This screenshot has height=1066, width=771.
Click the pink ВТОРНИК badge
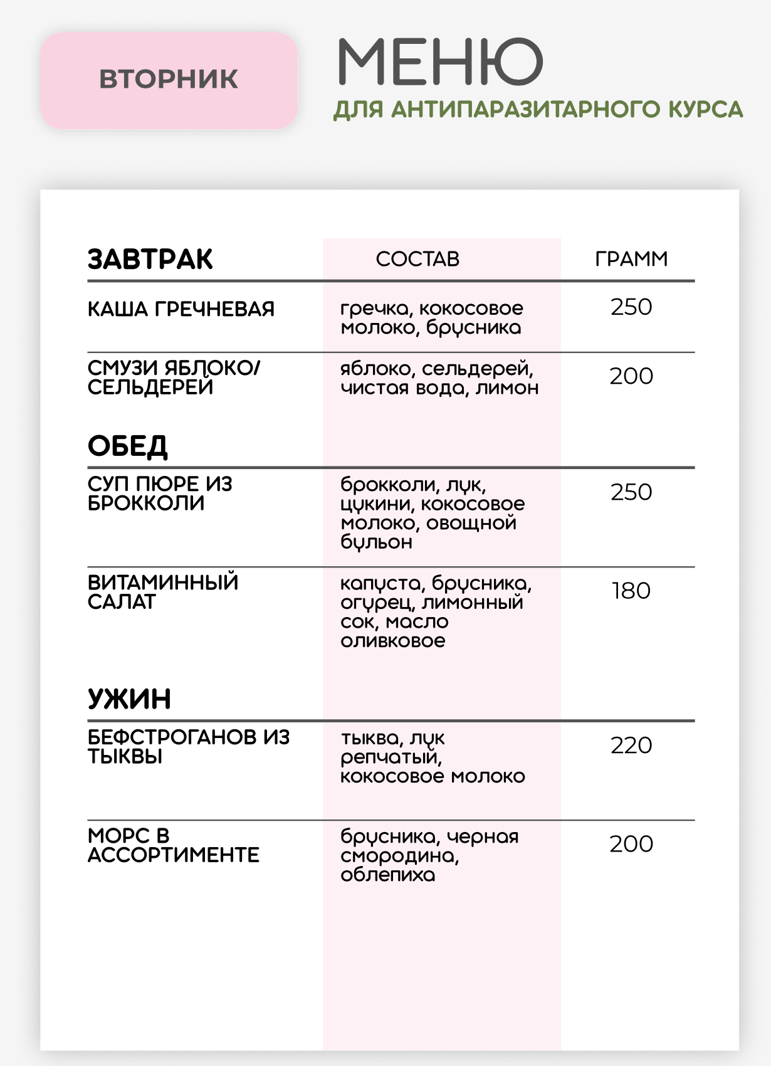[x=169, y=80]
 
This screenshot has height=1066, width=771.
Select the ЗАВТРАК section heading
[x=150, y=259]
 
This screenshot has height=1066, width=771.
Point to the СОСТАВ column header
[x=417, y=259]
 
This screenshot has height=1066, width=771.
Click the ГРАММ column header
[x=631, y=259]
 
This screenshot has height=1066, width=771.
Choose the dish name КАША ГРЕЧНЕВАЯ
[x=181, y=309]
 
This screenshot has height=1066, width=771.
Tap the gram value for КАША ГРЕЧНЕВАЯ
[x=631, y=307]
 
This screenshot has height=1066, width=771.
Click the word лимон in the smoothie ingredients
[x=507, y=388]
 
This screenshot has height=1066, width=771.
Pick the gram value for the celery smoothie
[x=631, y=376]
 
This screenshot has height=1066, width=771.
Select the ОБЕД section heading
[x=128, y=446]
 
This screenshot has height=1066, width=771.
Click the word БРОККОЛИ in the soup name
[x=146, y=504]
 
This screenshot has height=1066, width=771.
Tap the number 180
[x=631, y=591]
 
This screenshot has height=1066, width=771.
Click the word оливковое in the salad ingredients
[x=393, y=641]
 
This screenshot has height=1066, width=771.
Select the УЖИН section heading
[x=129, y=699]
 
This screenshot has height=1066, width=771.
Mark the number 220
[x=631, y=746]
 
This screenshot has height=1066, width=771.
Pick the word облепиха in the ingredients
[x=388, y=875]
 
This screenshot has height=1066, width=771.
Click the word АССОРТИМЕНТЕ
[x=174, y=855]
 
